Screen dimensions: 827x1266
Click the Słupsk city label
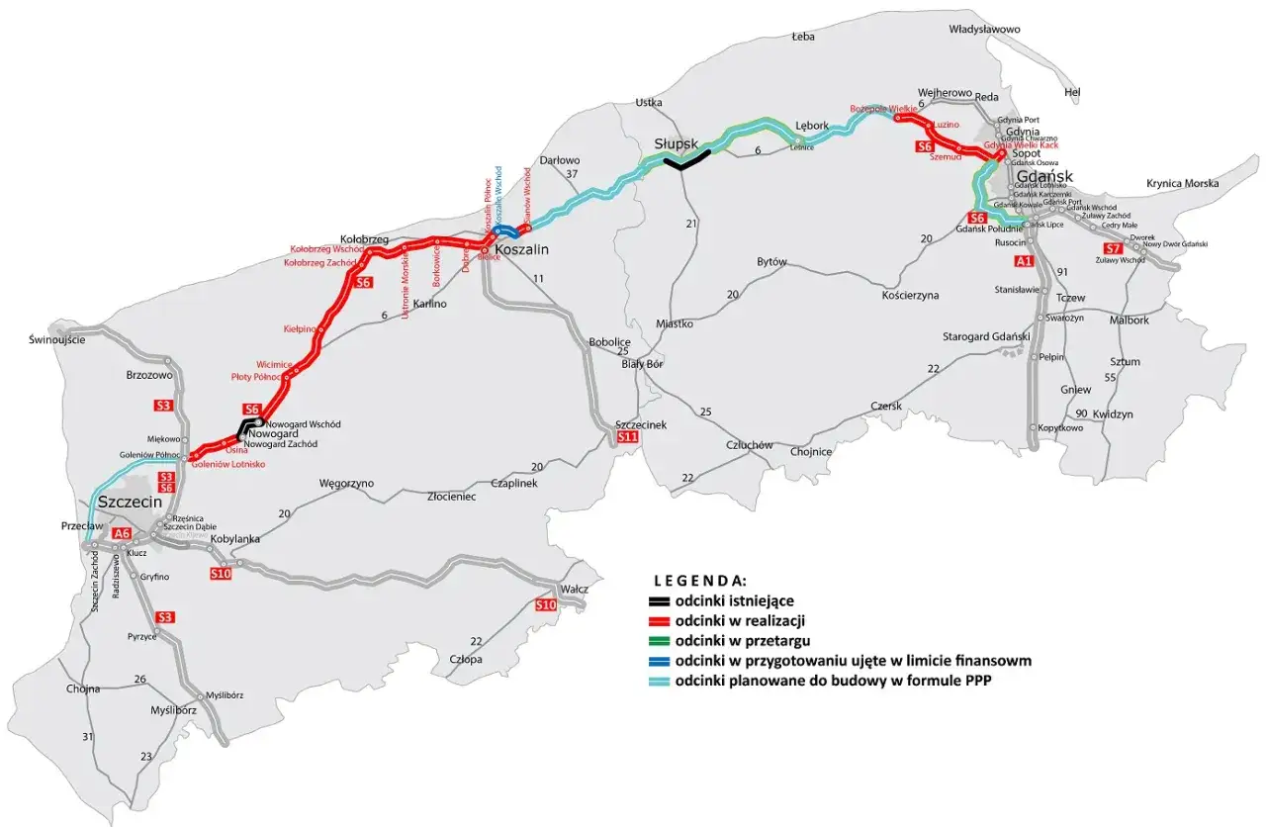(677, 144)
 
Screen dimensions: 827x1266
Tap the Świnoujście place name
(57, 339)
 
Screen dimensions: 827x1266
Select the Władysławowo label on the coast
(983, 30)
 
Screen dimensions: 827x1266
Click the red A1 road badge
(1024, 262)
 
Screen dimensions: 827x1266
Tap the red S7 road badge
(1113, 248)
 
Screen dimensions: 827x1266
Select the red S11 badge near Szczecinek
(627, 437)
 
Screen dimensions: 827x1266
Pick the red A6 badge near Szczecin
(122, 534)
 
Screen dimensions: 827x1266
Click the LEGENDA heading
(699, 580)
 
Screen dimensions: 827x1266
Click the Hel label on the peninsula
(1071, 92)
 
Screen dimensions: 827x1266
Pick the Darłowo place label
(559, 159)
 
